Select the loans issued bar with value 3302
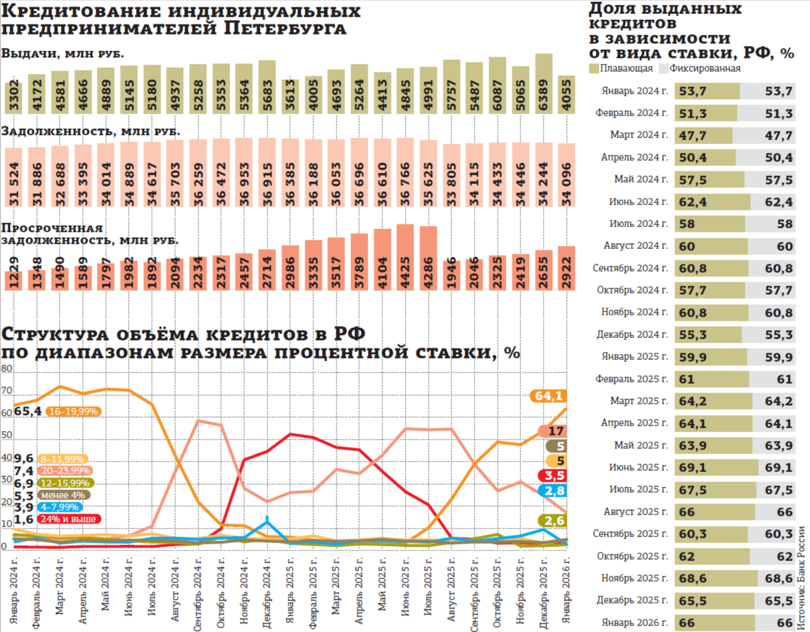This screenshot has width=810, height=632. click(15, 97)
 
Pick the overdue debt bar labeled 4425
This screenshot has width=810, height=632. click(406, 256)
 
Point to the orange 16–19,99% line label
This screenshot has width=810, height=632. click(73, 412)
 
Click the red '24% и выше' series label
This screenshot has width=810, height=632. click(69, 518)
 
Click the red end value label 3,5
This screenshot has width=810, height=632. click(552, 475)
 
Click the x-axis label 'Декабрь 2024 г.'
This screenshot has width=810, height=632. click(266, 592)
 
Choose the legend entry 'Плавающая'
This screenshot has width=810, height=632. click(621, 68)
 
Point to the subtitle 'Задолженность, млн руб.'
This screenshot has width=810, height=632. click(91, 131)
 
